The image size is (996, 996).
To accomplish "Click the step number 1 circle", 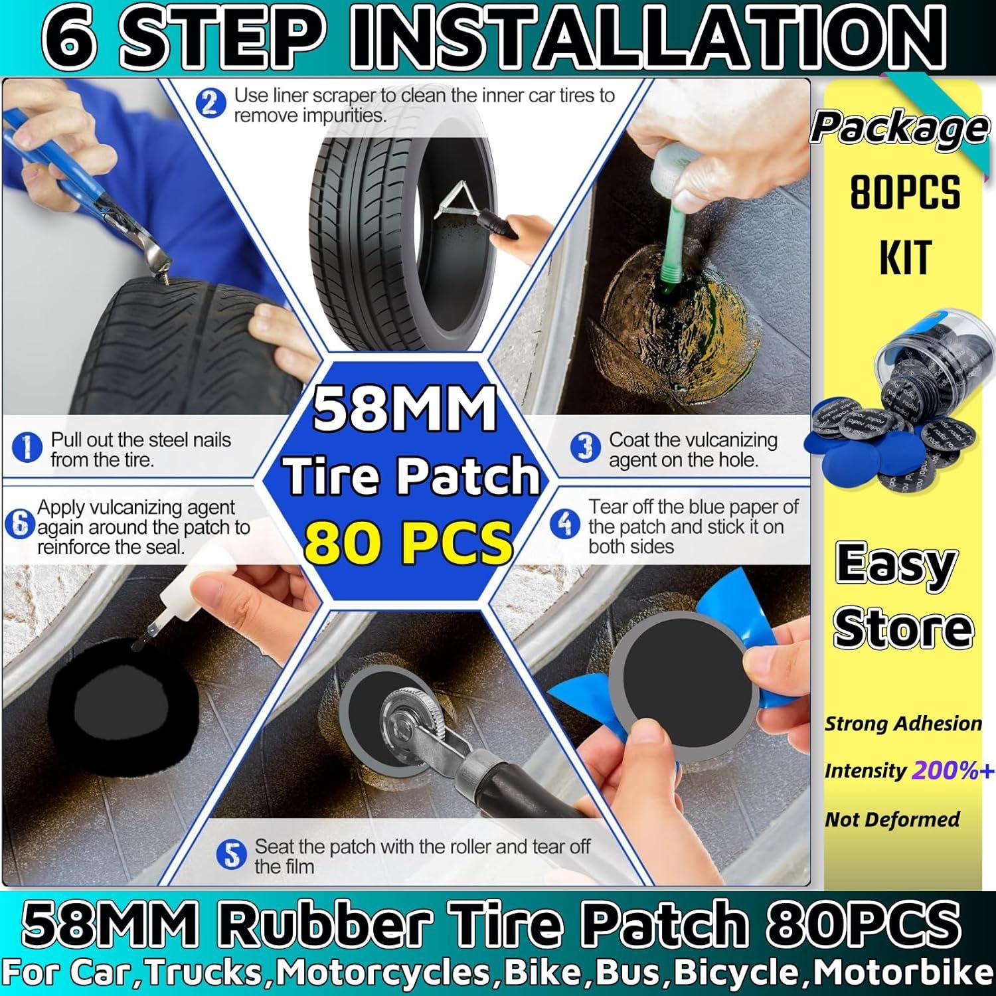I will [x=27, y=448].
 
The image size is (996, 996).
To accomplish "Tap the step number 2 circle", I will [x=210, y=104].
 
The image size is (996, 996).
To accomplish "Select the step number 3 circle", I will [x=585, y=448].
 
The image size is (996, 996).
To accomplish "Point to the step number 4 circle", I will [x=564, y=525].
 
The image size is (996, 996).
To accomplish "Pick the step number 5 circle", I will [x=231, y=855].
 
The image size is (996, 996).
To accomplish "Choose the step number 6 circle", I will [x=19, y=525].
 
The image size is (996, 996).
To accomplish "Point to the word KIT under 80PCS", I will [x=905, y=258].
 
